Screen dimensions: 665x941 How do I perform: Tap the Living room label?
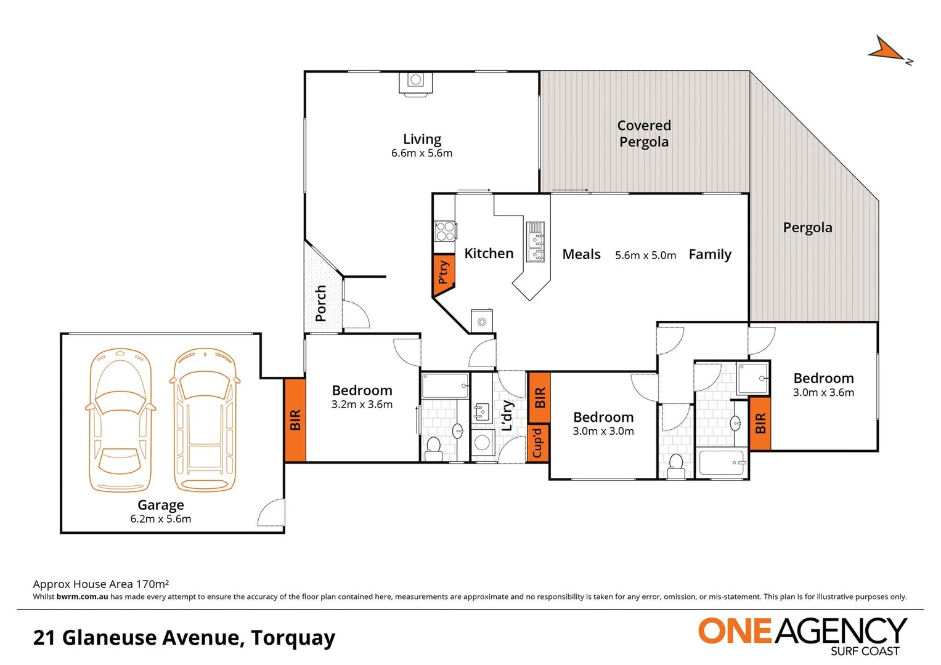point(422,139)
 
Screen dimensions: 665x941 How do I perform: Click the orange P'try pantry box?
point(443,271)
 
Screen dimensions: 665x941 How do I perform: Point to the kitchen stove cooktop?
point(445,231)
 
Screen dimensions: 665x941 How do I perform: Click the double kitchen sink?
point(536,242)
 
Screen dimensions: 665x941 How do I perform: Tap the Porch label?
point(320,303)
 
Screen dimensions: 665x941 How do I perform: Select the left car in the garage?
point(120,420)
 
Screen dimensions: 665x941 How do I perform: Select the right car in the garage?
point(204,420)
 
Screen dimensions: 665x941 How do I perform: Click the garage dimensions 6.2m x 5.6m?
point(161,519)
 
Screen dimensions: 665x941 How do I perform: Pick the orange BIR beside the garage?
point(295,420)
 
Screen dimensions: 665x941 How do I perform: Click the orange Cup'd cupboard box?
point(538,443)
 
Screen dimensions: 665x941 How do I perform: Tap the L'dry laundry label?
point(507,415)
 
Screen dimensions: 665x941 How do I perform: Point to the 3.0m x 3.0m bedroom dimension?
point(603,431)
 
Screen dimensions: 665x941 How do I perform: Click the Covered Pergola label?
point(644,134)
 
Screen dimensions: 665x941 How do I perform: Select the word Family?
point(710,254)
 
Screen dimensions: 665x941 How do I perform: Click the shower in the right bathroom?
point(753,377)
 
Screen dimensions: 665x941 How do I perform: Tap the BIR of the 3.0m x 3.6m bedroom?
point(760,424)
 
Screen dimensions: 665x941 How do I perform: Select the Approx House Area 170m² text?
point(101,584)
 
